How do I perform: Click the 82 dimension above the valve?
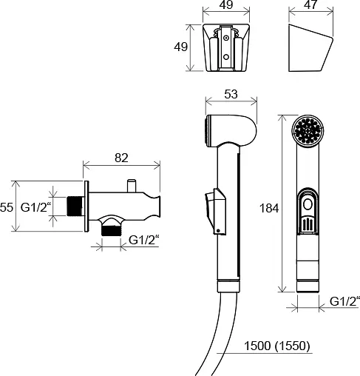tap(121, 158)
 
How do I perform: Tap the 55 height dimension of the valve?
tap(6, 207)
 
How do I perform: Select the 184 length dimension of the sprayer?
tap(269, 208)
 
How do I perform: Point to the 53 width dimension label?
tap(231, 94)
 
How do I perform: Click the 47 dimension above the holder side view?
tap(310, 4)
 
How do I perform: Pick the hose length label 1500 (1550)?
tap(276, 346)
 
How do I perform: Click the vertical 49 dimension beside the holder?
tap(180, 47)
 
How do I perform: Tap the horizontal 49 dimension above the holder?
tap(226, 4)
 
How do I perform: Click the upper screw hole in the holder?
tap(226, 38)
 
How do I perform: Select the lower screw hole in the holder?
tap(226, 57)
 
